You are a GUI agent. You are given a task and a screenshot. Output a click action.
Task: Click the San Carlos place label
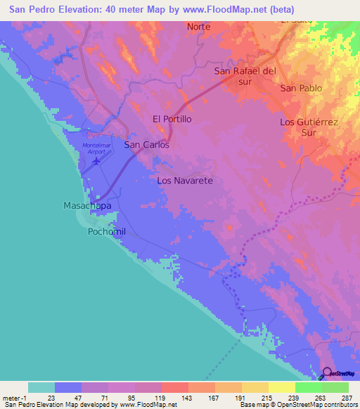tap(146, 145)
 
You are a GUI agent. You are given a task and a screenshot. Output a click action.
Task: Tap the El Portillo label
tap(172, 119)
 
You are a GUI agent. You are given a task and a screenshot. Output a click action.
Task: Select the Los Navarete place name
tap(185, 181)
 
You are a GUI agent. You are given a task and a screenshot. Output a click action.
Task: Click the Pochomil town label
tap(106, 231)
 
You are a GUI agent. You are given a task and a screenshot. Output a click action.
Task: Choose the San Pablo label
tap(301, 89)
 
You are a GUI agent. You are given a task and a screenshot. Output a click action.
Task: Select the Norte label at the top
tap(199, 27)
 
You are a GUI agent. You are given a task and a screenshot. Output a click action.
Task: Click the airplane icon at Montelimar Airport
tap(96, 162)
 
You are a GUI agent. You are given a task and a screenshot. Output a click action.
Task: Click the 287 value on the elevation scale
tap(347, 398)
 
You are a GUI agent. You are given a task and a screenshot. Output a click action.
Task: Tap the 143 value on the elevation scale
tap(186, 398)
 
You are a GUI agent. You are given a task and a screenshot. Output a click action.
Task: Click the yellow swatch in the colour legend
tap(281, 387)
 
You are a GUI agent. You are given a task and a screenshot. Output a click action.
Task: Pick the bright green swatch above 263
tap(308, 387)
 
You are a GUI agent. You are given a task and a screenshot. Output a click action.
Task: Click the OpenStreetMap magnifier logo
tap(328, 372)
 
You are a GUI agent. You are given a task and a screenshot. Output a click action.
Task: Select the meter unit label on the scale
tap(12, 398)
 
